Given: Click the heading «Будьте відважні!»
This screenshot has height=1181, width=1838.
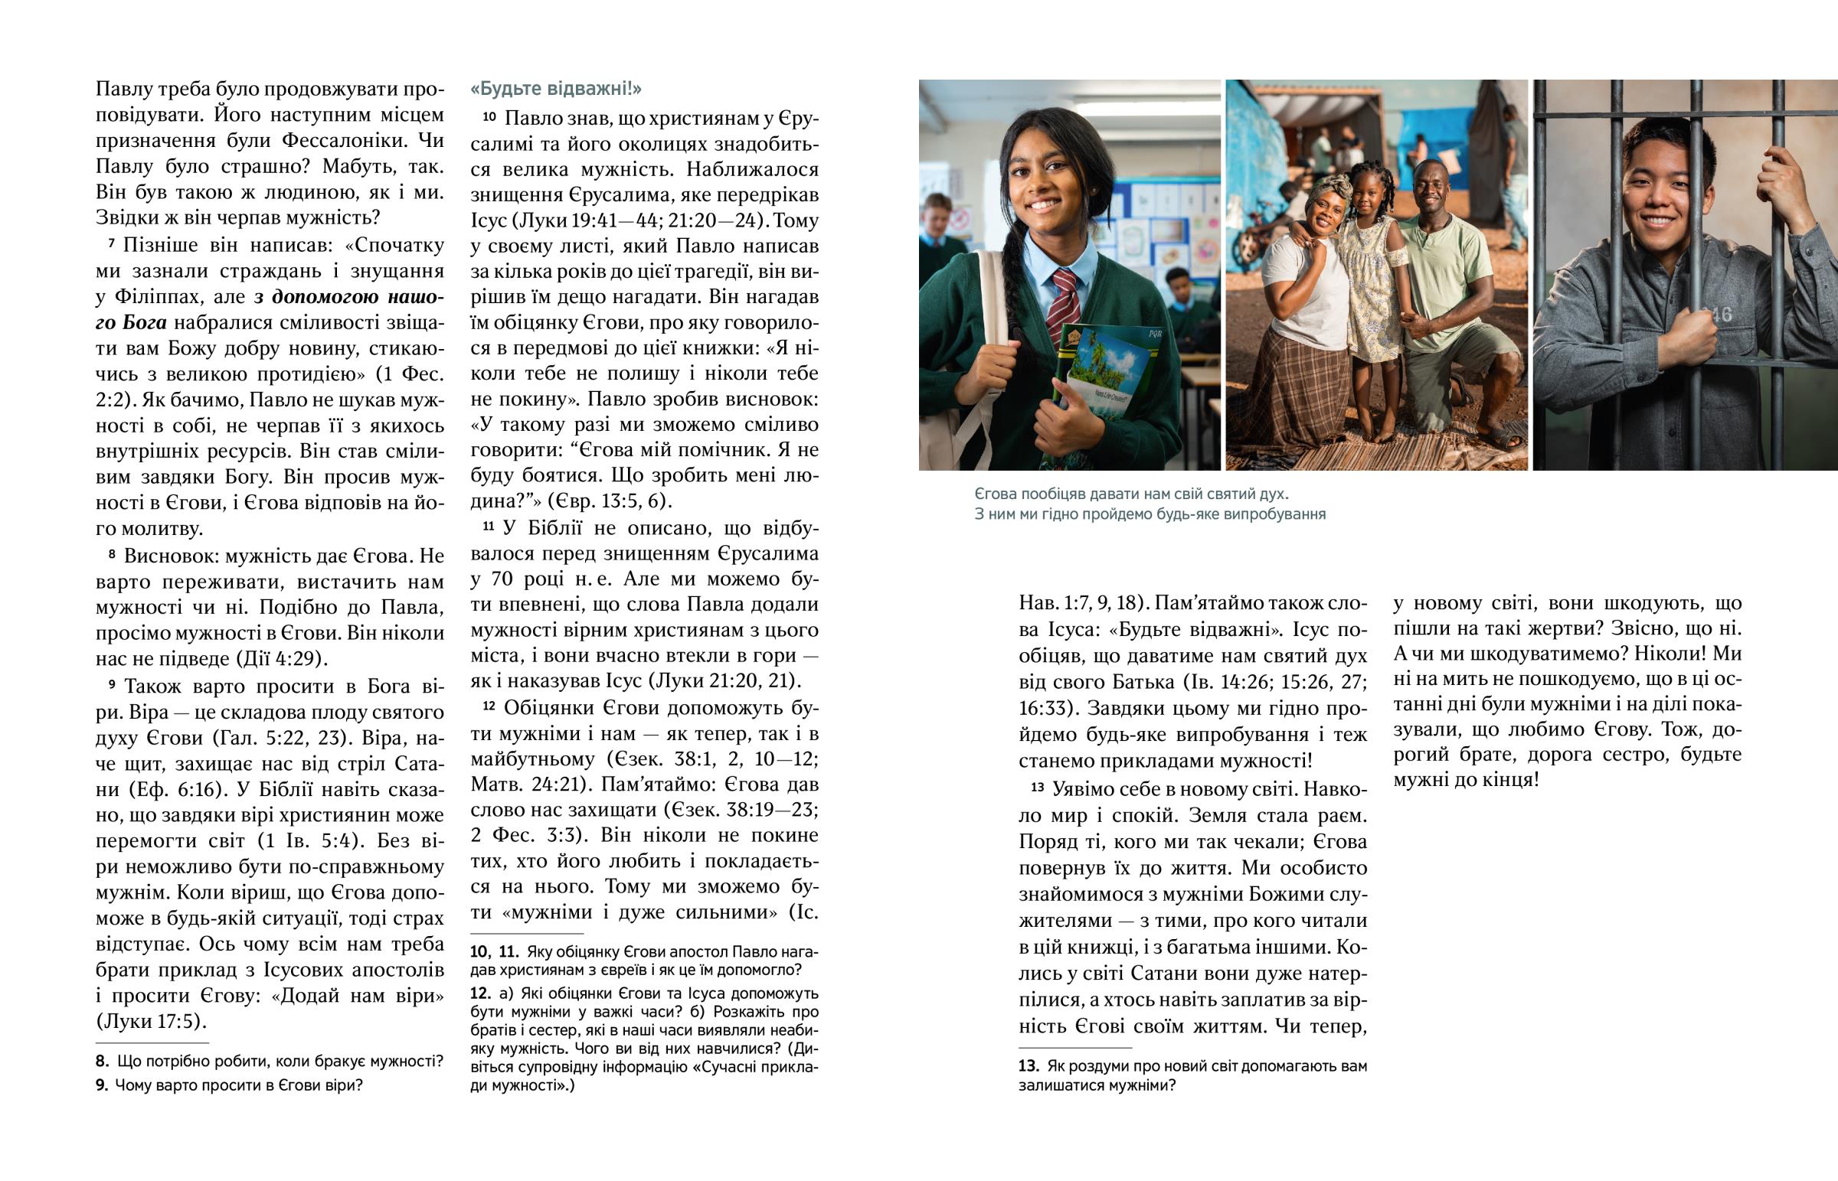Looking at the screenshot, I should click(556, 89).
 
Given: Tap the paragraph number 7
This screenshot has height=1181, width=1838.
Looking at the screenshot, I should click(111, 244).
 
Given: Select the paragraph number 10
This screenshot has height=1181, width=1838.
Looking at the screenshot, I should click(489, 117).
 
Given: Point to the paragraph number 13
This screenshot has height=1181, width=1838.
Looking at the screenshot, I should click(1037, 787).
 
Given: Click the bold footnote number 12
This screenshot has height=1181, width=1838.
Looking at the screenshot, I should click(480, 993).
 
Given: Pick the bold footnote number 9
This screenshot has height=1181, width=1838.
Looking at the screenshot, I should click(102, 1085).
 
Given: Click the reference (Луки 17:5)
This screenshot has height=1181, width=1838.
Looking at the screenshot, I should click(151, 1022).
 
